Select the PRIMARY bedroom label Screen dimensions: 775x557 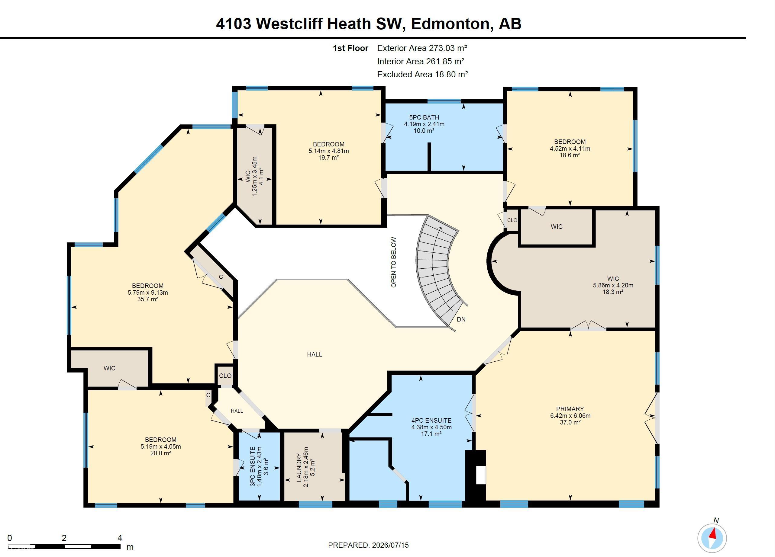[x=570, y=409]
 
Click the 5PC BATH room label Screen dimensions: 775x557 [x=424, y=117]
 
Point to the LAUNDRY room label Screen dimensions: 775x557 [x=299, y=468]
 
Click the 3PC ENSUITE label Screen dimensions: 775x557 [x=253, y=466]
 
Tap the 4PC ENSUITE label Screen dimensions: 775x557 [x=431, y=421]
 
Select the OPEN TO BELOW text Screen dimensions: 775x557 [x=394, y=262]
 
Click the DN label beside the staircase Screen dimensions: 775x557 [x=461, y=319]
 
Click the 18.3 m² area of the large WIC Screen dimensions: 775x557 [x=613, y=292]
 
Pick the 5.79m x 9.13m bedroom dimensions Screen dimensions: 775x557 [x=148, y=292]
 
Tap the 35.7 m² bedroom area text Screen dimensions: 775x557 [x=148, y=299]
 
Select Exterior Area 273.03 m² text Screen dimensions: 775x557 [x=422, y=48]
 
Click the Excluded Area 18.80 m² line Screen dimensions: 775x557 [x=422, y=75]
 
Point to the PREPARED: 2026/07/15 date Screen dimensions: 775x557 [x=368, y=545]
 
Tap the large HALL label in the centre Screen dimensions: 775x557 [x=314, y=354]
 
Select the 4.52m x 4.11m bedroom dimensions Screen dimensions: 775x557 [x=570, y=149]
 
